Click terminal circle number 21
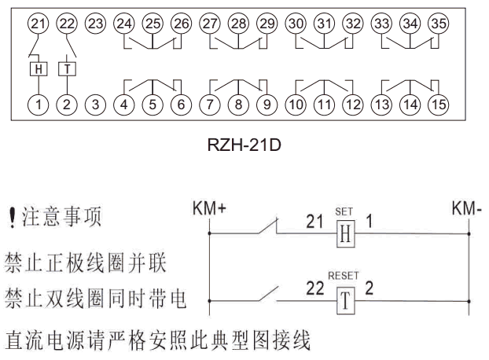38,24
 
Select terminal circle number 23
94,24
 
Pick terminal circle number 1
38,102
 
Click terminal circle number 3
94,102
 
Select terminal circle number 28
238,24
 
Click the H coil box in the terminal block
38,68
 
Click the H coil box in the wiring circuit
344,235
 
